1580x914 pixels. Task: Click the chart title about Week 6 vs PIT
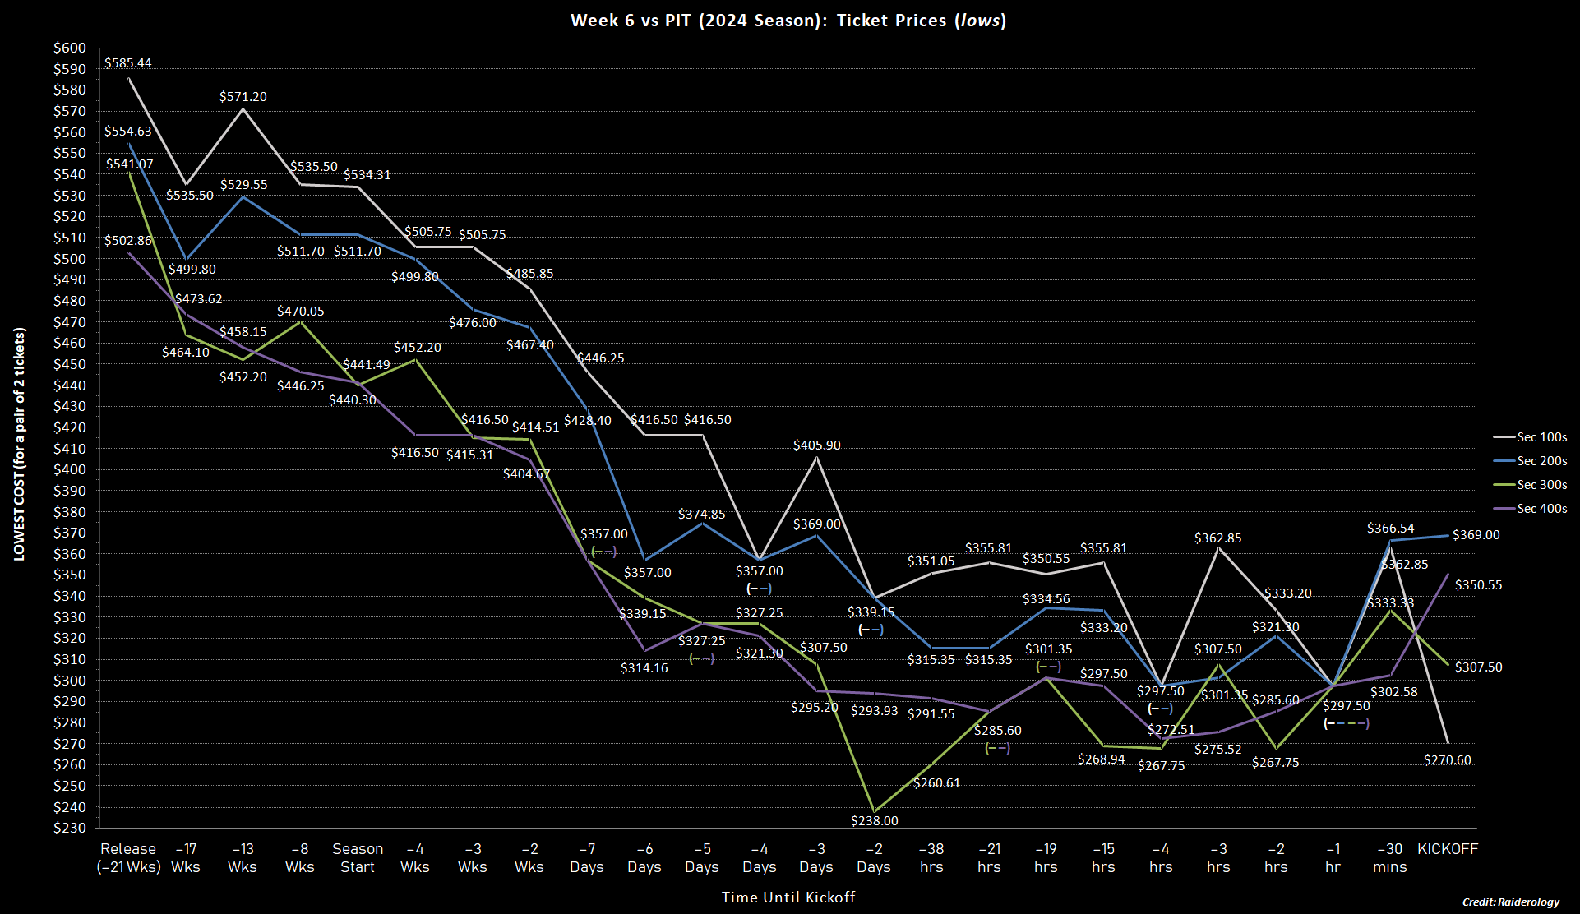tap(788, 21)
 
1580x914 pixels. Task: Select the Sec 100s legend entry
tap(1541, 437)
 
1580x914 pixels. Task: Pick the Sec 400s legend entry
tap(1541, 509)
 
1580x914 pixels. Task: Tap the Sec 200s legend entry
tap(1541, 461)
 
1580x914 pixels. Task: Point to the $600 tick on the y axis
tap(69, 48)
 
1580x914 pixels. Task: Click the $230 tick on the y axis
tap(69, 829)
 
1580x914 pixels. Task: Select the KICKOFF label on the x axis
tap(1447, 849)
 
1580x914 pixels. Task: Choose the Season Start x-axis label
tap(358, 858)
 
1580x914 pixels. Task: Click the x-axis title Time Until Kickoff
tap(788, 898)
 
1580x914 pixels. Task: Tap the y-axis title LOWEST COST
tap(20, 444)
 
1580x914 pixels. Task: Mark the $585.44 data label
tap(128, 63)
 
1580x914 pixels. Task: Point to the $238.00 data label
tap(875, 820)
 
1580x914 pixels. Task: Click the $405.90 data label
tap(816, 445)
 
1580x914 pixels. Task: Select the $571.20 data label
tap(243, 97)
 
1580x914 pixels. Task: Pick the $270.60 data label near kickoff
tap(1447, 760)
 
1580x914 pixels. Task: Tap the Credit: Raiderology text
tap(1510, 902)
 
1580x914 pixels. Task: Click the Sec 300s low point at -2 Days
tap(875, 811)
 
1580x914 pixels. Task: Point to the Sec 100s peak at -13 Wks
tap(243, 109)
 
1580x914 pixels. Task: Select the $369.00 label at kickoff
tap(1476, 535)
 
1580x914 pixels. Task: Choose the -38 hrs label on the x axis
tap(931, 858)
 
